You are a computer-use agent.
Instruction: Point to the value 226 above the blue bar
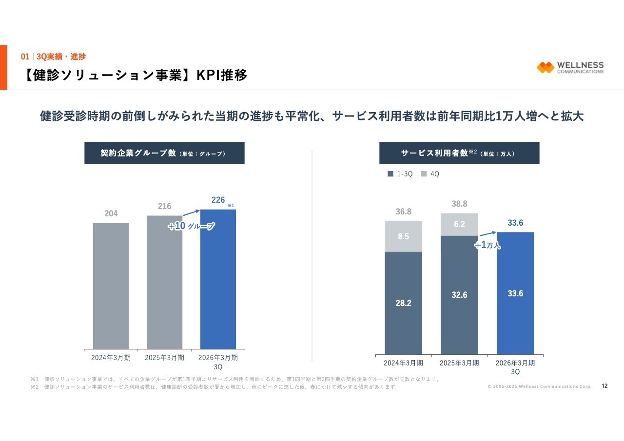tap(218, 200)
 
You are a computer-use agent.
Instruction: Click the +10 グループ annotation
tap(191, 226)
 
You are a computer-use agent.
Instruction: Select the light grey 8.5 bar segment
tap(403, 236)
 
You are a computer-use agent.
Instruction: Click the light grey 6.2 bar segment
tap(459, 225)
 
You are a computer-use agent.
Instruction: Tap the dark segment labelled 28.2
tap(403, 303)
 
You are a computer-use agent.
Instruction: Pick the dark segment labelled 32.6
tap(459, 295)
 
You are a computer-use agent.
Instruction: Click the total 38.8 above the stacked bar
tap(459, 204)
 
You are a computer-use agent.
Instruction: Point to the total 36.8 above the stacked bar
tap(403, 211)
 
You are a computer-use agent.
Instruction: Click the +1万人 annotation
tap(487, 245)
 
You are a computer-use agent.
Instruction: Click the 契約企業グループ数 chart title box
tap(164, 153)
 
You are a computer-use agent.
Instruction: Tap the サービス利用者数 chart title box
tap(459, 153)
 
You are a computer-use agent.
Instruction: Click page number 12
tap(605, 386)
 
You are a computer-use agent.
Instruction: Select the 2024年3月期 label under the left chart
tap(111, 357)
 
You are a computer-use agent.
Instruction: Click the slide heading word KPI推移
tap(222, 75)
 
